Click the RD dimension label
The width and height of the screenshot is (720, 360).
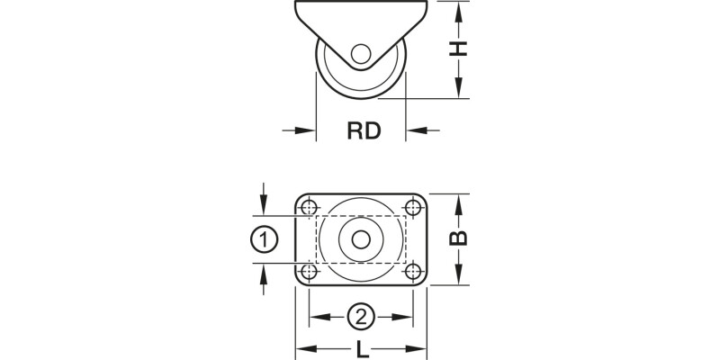point(364,131)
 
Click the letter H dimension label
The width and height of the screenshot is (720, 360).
point(460,49)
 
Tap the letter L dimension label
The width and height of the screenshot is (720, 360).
point(361,347)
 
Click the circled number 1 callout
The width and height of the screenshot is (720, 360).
point(262,239)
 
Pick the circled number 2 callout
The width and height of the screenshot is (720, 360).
point(361,317)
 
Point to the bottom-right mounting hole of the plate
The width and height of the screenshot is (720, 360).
point(413,270)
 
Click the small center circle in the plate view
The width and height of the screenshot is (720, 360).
point(361,239)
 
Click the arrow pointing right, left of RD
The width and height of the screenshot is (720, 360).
point(307,131)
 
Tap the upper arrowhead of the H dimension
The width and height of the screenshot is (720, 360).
point(460,11)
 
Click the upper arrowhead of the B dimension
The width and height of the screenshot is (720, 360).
point(459,202)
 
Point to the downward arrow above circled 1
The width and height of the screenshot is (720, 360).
point(262,206)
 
